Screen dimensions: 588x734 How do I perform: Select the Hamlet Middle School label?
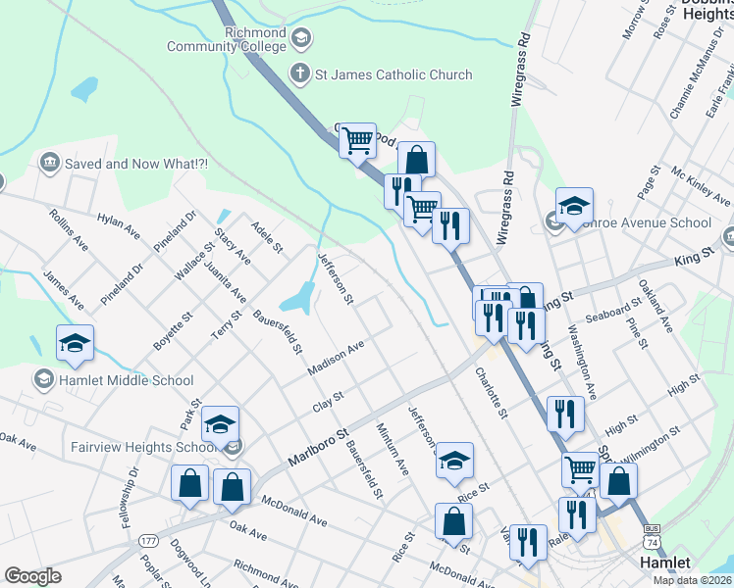[127, 380]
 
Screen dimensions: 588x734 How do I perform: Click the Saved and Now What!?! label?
[135, 164]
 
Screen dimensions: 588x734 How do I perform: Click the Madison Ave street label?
[336, 357]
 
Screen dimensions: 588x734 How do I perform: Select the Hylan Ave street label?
[118, 224]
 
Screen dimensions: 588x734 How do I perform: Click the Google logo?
[32, 576]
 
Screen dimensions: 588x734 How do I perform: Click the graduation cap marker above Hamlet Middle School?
[75, 344]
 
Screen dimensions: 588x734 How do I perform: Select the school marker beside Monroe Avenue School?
[574, 206]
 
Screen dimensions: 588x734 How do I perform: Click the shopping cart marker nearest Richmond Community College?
[358, 141]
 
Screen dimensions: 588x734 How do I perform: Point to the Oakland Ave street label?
[654, 304]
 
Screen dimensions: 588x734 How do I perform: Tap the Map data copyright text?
[693, 580]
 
